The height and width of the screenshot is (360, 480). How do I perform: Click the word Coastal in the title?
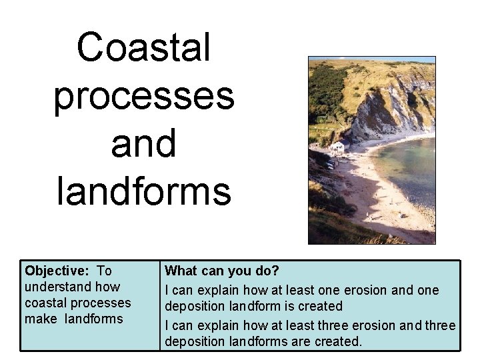click(x=143, y=47)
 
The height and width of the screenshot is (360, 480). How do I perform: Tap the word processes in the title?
click(x=143, y=96)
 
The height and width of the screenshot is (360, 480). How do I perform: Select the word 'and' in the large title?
click(x=143, y=143)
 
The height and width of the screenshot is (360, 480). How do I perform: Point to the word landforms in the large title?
click(x=143, y=191)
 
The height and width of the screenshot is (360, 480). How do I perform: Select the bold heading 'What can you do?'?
click(x=222, y=271)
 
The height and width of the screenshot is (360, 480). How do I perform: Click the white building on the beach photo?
click(x=339, y=146)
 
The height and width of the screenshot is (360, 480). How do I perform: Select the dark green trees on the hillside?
click(x=327, y=93)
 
